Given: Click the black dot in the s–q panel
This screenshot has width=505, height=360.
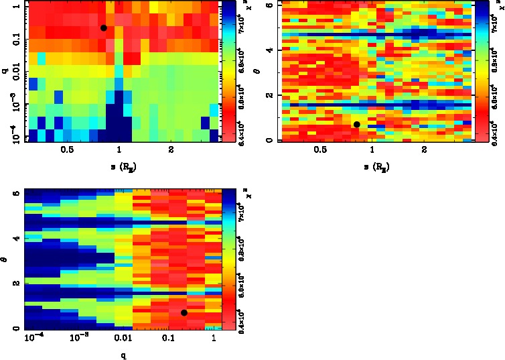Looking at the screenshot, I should (103, 27).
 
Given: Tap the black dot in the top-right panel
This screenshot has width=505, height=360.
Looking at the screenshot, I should (357, 124).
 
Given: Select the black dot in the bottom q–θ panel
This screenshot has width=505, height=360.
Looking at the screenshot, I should (184, 312).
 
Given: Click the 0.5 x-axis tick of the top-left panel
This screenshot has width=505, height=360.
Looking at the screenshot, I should (67, 150).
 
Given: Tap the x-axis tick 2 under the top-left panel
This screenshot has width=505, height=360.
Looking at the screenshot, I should (171, 150).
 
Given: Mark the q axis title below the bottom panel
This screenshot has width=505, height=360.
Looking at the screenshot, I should (123, 354).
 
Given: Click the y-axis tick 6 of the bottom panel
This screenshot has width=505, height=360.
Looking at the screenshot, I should (17, 194).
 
